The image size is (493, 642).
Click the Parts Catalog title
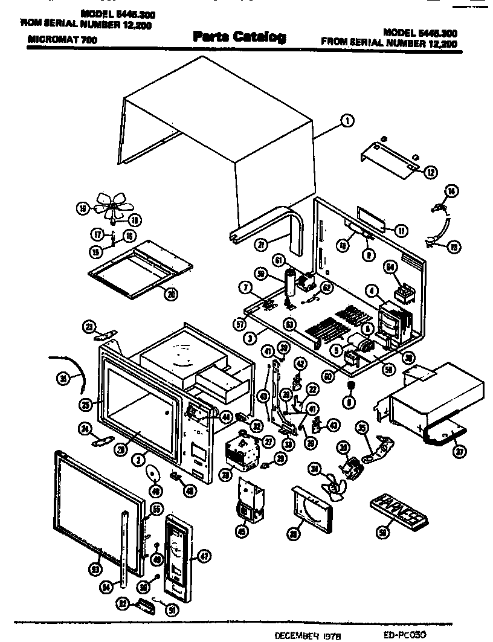click(x=240, y=37)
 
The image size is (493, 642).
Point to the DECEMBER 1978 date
click(x=308, y=635)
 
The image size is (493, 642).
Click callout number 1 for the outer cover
click(x=347, y=121)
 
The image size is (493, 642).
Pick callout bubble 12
click(x=430, y=172)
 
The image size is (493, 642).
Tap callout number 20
click(x=171, y=295)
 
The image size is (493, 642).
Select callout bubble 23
click(x=89, y=327)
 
